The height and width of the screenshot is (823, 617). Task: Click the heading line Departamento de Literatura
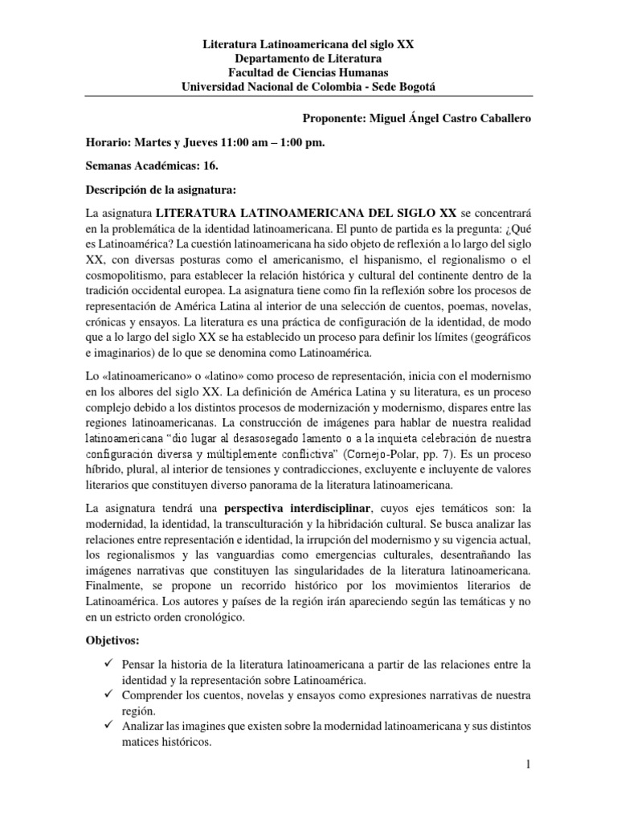tap(308, 59)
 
